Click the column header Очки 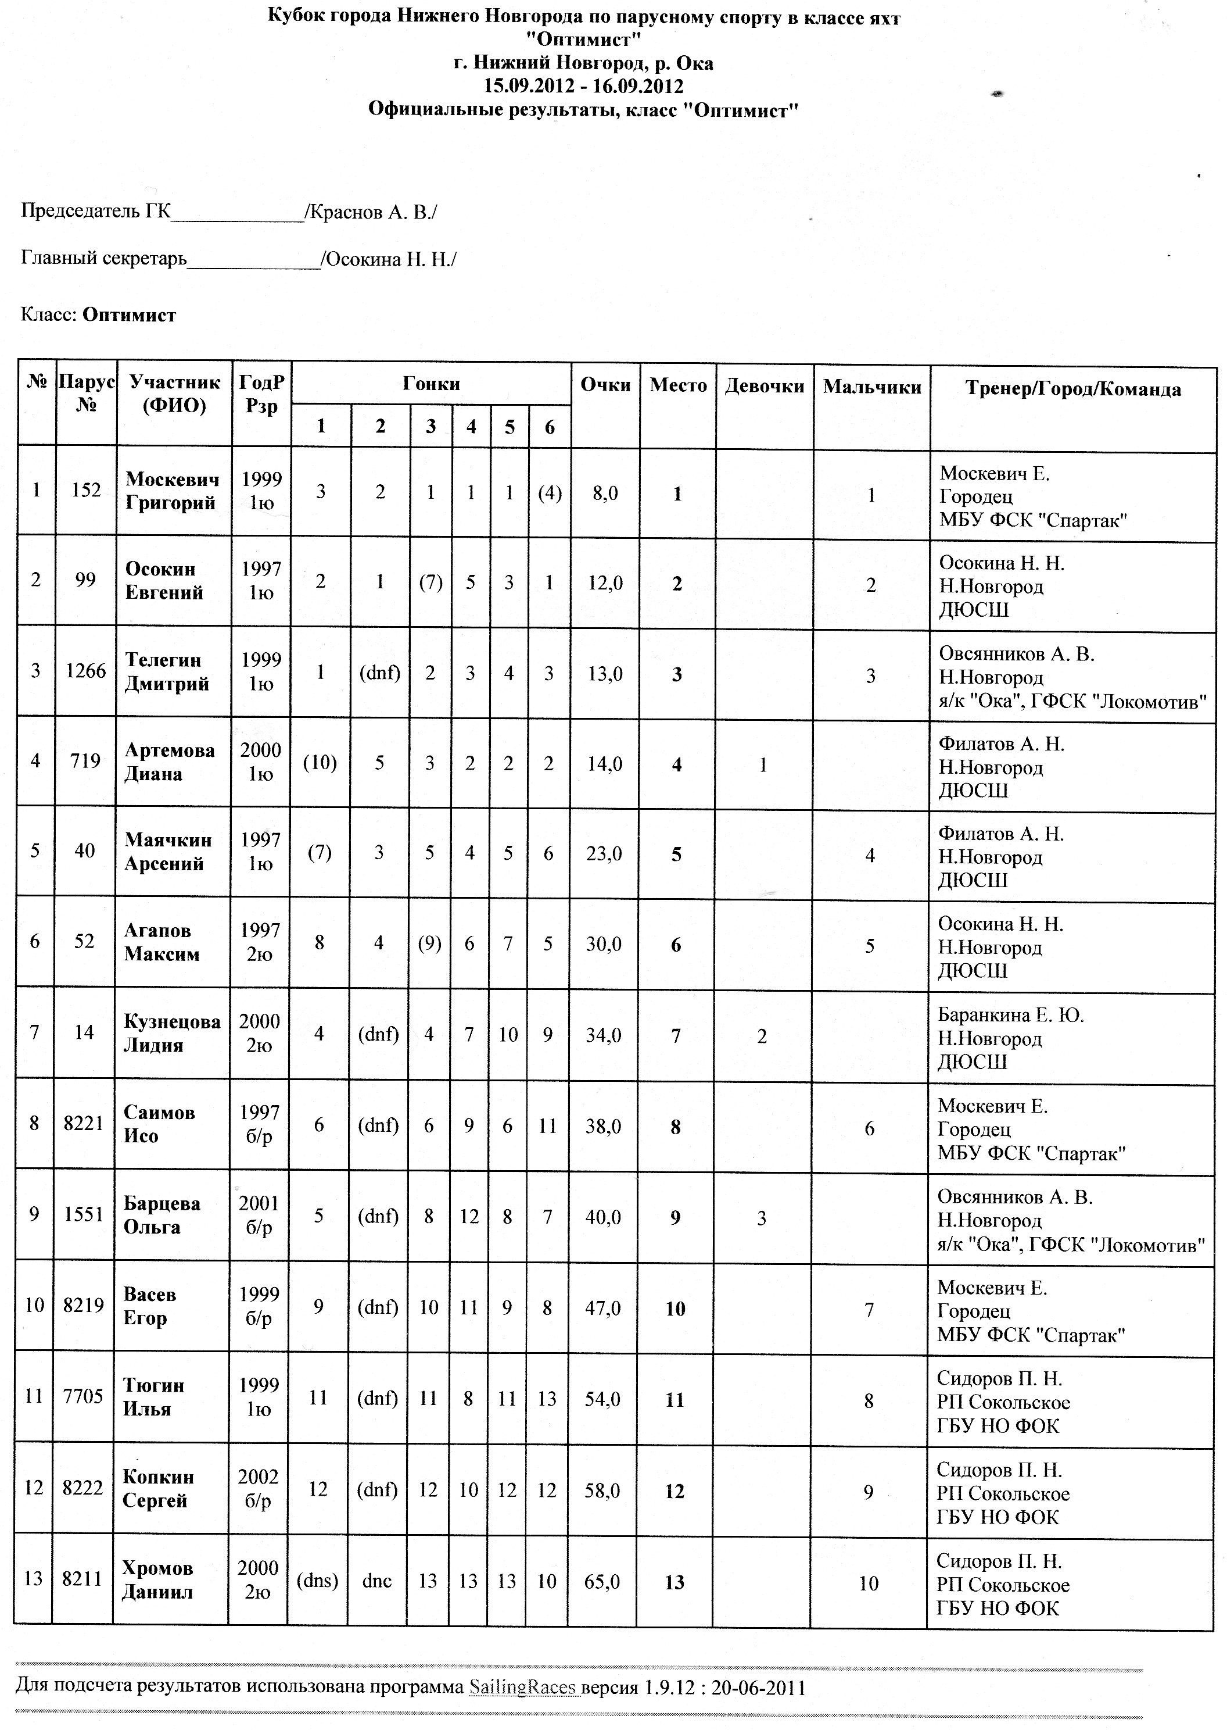(x=605, y=385)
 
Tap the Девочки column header (x=764, y=386)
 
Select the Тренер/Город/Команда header (x=1073, y=389)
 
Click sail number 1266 (x=85, y=670)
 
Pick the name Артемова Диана (x=169, y=762)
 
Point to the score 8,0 (x=605, y=494)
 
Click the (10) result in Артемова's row (x=320, y=763)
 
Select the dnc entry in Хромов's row (x=376, y=1581)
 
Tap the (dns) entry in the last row (x=317, y=1581)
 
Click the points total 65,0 (x=602, y=1582)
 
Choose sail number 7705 (x=83, y=1396)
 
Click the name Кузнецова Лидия (x=173, y=1033)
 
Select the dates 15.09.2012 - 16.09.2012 (x=583, y=86)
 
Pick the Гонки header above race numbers (x=430, y=384)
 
